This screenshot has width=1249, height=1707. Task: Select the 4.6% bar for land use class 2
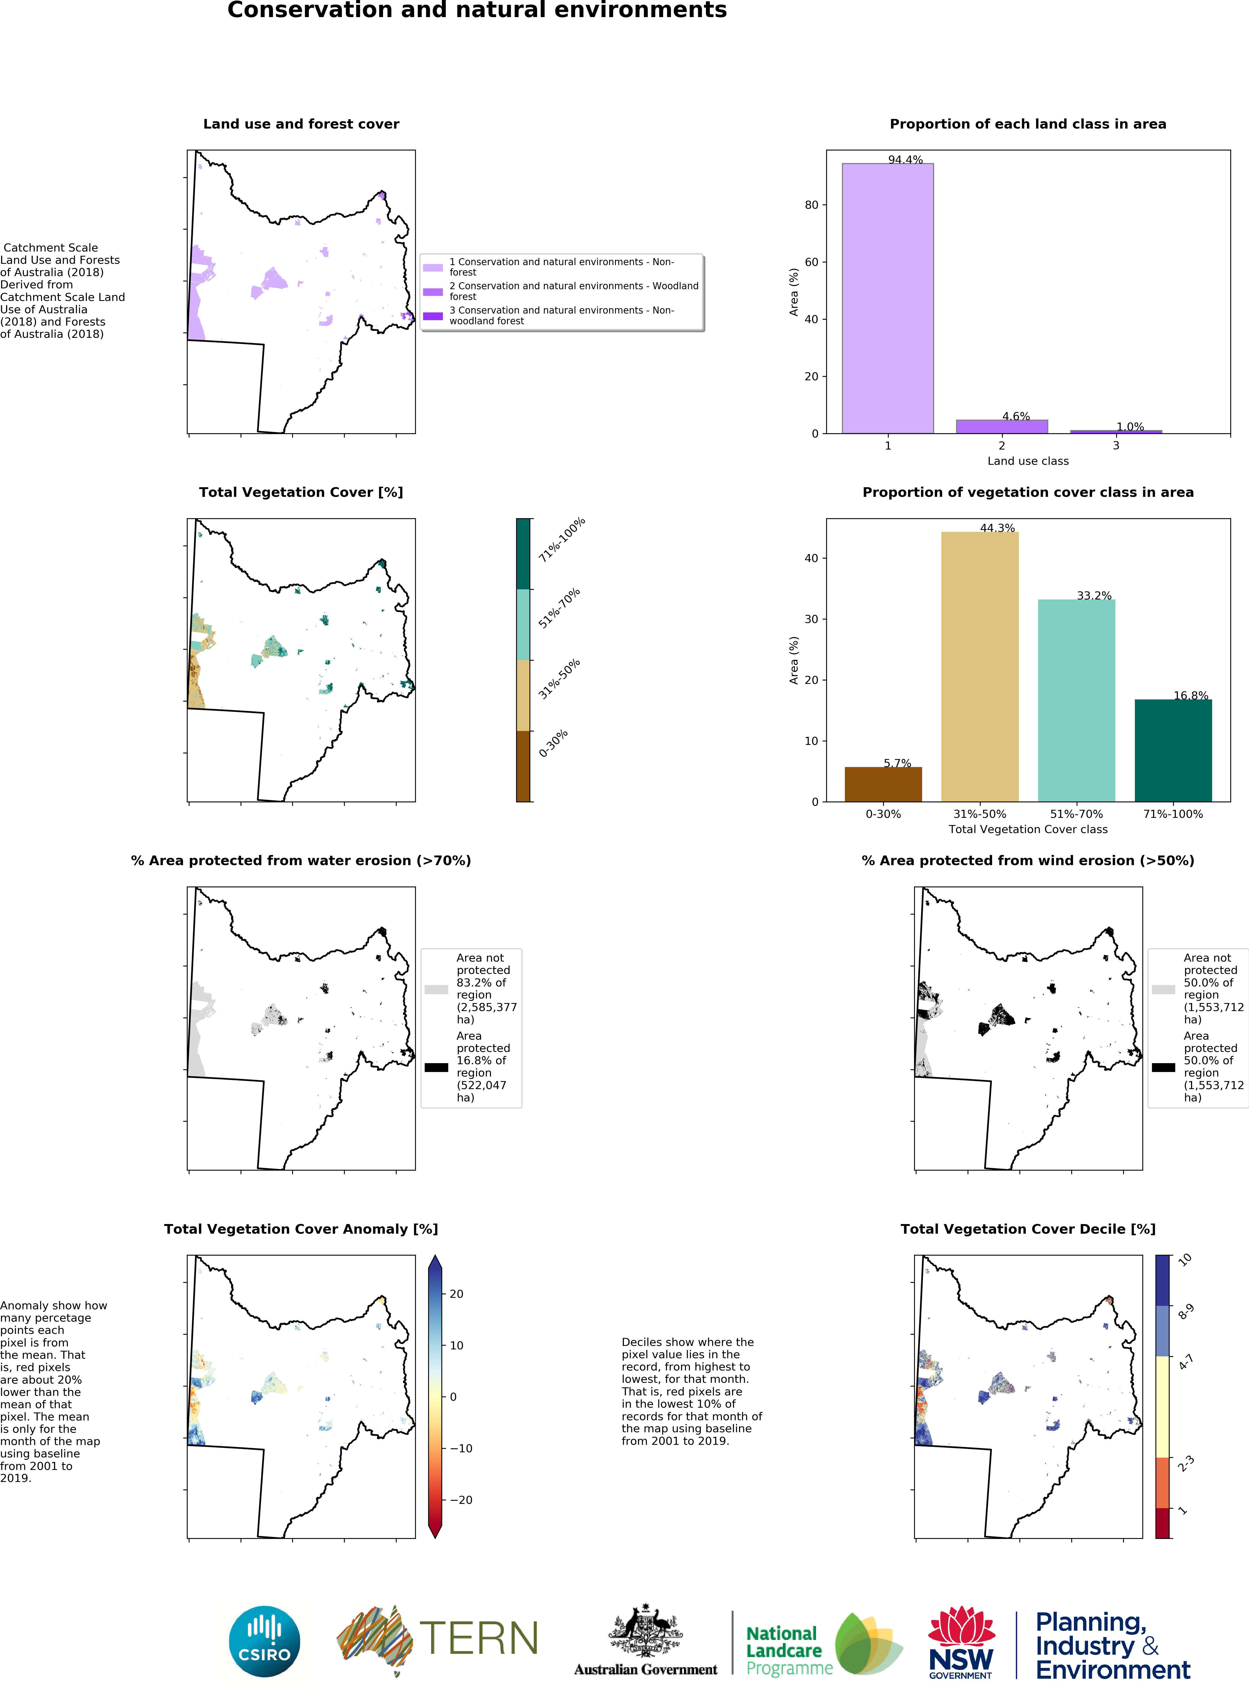coord(1002,426)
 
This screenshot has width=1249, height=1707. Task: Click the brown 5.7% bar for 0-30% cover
coord(883,784)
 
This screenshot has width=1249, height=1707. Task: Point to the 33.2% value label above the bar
coord(1094,596)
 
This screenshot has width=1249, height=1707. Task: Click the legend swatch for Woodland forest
coord(432,292)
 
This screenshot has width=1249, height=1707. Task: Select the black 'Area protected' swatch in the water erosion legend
coord(436,1067)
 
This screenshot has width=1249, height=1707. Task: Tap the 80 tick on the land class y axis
coord(811,205)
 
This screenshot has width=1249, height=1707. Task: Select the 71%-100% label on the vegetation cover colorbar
coord(562,540)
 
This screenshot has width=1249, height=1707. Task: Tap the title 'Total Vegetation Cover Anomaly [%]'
coord(301,1229)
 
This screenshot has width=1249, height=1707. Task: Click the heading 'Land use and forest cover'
coord(301,124)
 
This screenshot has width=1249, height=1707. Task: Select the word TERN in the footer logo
coord(479,1638)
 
